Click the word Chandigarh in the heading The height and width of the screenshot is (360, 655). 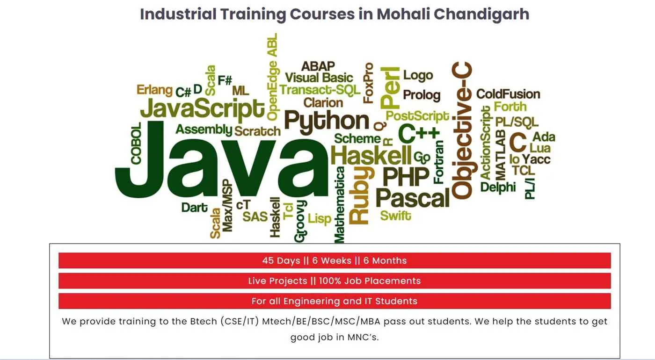point(481,14)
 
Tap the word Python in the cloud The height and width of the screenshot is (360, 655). point(327,121)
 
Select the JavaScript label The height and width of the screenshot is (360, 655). point(202,109)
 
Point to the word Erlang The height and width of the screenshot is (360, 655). point(154,90)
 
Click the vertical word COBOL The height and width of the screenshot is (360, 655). point(136,143)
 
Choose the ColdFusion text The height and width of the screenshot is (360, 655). point(508,94)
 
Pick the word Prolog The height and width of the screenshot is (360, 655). point(422,95)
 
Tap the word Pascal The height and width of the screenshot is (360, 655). point(412,198)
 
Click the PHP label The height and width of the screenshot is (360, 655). point(406,177)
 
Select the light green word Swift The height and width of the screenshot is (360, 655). point(395,216)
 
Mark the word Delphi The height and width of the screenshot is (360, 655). point(498,187)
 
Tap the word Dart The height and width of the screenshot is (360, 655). point(195,208)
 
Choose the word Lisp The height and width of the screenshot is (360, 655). point(320,219)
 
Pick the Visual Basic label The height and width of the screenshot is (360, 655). point(319,78)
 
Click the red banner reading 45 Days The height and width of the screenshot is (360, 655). point(335,260)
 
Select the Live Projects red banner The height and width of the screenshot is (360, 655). point(335,281)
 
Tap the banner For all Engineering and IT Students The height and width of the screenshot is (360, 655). point(335,301)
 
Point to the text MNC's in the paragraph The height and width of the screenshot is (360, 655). point(363,338)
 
